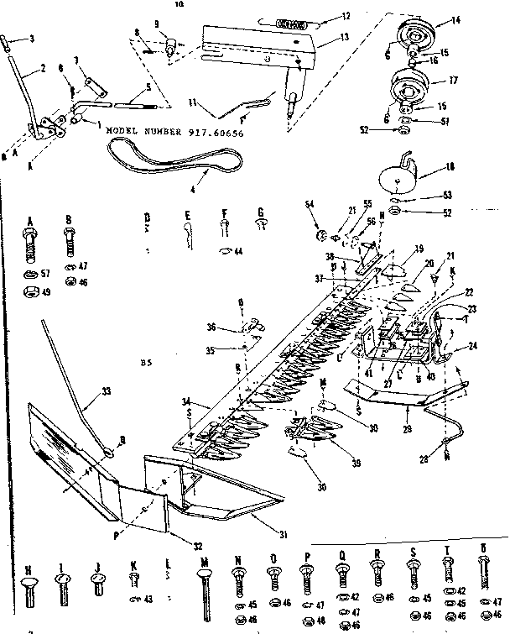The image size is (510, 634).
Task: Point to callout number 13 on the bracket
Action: [321, 38]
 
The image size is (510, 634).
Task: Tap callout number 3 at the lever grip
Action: [32, 39]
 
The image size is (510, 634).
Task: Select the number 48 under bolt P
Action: [321, 621]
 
